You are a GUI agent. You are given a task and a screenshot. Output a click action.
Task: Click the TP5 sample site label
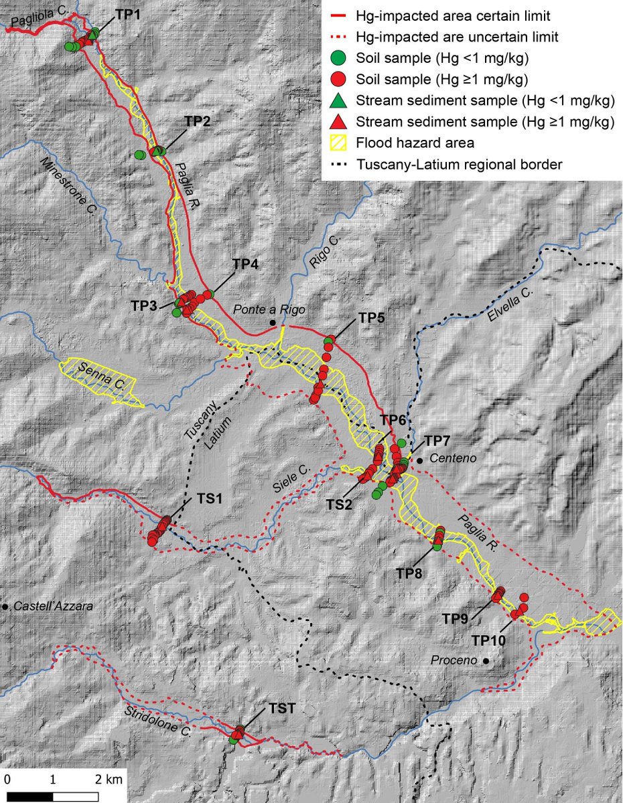click(371, 318)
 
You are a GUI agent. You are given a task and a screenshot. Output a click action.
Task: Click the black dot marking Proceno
click(486, 661)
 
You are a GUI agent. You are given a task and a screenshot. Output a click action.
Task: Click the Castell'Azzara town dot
click(5, 606)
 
